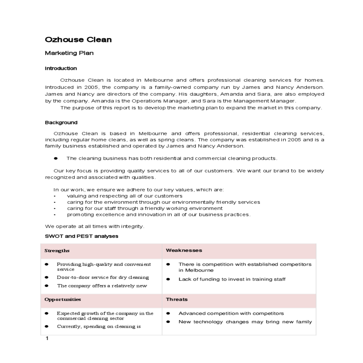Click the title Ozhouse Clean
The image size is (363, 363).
coord(78,40)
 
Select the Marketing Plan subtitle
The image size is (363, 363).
coord(69,53)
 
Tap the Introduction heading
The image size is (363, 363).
coord(61,68)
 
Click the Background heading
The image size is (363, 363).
coord(61,123)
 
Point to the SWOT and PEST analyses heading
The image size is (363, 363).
coord(81,236)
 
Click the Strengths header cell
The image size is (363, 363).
coord(57,250)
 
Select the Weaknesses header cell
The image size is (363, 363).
coord(184,250)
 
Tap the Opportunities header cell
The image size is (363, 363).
coord(63,299)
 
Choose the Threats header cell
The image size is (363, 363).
coord(177,299)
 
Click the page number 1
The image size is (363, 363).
coord(47,338)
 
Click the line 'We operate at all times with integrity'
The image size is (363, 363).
coord(94,226)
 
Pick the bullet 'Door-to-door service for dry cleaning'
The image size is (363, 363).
coord(103,277)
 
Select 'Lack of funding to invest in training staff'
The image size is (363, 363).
coord(232,279)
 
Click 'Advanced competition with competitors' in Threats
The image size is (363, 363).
coord(231,313)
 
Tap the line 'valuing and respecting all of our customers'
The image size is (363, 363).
coord(125,196)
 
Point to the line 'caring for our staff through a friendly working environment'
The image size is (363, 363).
coord(145,208)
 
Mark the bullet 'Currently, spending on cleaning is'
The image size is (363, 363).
coord(99,326)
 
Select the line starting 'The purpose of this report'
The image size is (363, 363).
coord(191,108)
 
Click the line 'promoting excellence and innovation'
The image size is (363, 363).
coord(159,215)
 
